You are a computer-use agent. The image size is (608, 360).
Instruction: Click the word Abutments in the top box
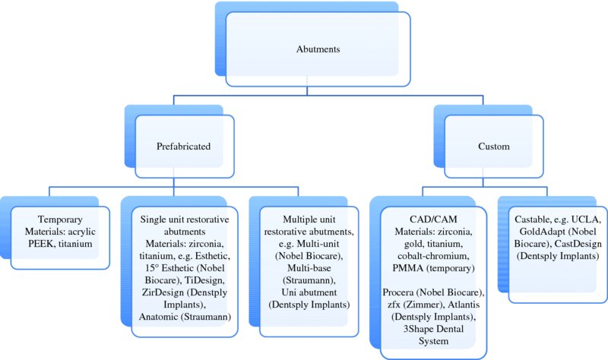coord(318,49)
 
